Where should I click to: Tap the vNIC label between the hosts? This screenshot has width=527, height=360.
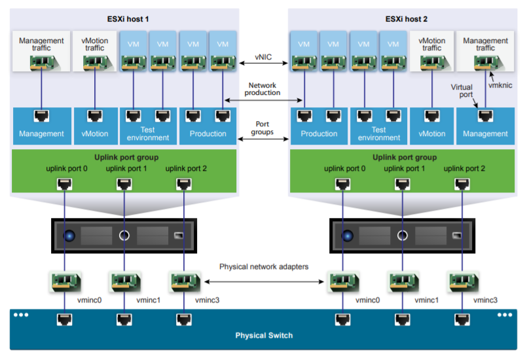coord(263,58)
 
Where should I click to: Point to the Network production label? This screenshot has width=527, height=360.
coord(263,89)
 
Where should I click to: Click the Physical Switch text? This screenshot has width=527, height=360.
coord(264,336)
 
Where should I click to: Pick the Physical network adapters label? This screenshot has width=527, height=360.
coord(264,267)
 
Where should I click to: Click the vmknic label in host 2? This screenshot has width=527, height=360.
coord(501,85)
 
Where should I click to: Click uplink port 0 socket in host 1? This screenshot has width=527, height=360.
coord(64,184)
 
